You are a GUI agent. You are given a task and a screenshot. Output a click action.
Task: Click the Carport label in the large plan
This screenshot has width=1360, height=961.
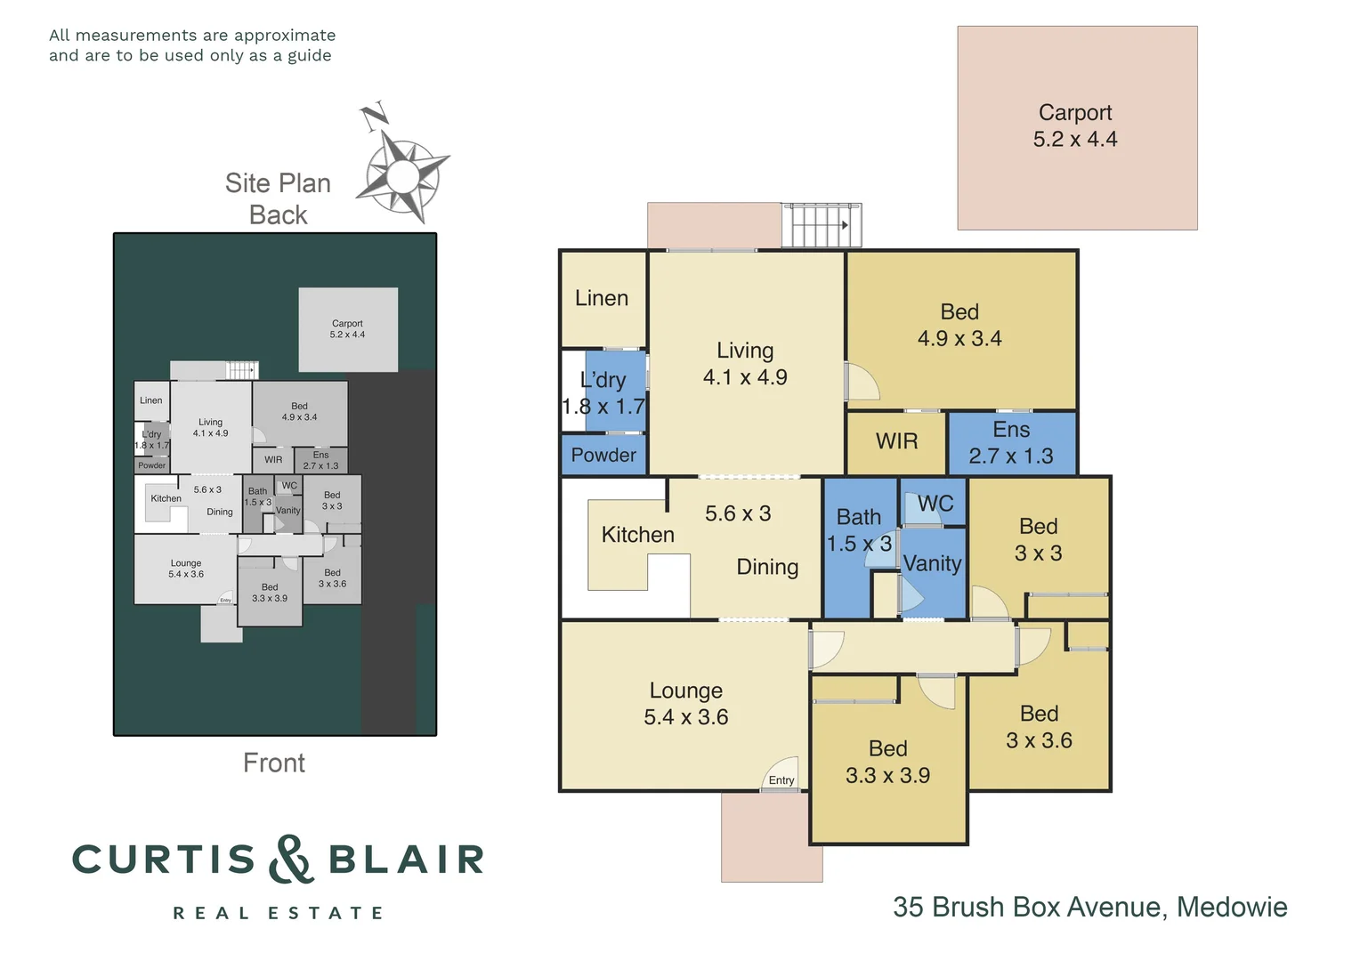coord(1075,113)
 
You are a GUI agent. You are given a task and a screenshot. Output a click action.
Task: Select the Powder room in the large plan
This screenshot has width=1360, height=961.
coord(603,455)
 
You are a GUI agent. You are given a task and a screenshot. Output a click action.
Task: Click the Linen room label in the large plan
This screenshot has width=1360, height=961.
coord(602,298)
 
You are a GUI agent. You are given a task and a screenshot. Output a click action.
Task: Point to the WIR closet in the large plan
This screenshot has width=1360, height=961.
coord(896,441)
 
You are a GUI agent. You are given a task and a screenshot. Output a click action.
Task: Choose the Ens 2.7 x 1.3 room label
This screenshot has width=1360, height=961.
coord(1011,443)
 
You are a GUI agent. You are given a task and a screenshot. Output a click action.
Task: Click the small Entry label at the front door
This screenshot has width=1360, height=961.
coord(781,780)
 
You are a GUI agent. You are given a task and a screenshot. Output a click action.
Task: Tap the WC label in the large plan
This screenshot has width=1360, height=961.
coord(935,504)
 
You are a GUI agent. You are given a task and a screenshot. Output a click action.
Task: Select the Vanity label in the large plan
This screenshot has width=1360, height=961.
coord(932,563)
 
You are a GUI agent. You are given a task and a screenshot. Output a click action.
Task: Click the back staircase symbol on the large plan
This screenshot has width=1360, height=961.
coord(822,225)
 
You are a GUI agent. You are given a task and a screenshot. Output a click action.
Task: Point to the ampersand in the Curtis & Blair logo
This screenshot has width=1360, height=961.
coord(291,860)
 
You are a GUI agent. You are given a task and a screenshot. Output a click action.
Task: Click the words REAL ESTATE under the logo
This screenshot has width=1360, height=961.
coord(278,913)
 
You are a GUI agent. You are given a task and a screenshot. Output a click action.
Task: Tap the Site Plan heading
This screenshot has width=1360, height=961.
coord(278,183)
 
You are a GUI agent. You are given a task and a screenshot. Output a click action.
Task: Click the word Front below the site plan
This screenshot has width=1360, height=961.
coord(274,763)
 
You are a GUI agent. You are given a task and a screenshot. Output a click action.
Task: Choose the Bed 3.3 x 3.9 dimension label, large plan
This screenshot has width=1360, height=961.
coord(887,775)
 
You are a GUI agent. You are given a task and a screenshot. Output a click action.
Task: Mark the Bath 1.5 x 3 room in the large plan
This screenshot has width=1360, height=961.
coord(859,530)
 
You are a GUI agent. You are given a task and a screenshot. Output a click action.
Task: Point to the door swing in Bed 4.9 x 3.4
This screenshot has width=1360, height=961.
coord(862,382)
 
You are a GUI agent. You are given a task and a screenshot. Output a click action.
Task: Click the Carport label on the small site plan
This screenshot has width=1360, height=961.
coord(347,324)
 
